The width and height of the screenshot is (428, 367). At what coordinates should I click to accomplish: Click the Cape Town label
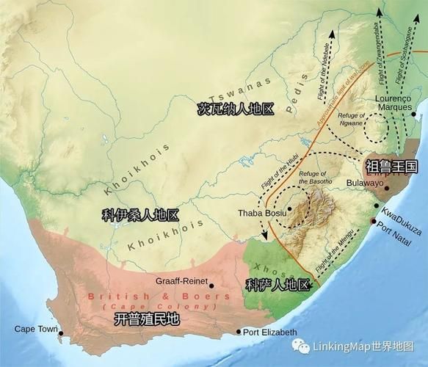[35, 328]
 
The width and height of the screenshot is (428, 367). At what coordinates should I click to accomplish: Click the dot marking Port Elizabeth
[239, 332]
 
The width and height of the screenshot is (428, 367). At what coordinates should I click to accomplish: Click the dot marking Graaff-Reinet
[211, 286]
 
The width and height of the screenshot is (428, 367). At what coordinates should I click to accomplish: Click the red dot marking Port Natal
[374, 222]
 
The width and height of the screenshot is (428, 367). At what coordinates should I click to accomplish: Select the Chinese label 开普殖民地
[147, 319]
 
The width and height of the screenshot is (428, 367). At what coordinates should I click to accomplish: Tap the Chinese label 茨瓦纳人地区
[236, 109]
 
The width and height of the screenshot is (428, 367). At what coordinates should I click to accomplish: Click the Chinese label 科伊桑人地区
[140, 215]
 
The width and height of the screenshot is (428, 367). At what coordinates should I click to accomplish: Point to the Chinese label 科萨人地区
[278, 286]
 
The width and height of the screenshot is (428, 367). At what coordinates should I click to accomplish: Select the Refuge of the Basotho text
[316, 177]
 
